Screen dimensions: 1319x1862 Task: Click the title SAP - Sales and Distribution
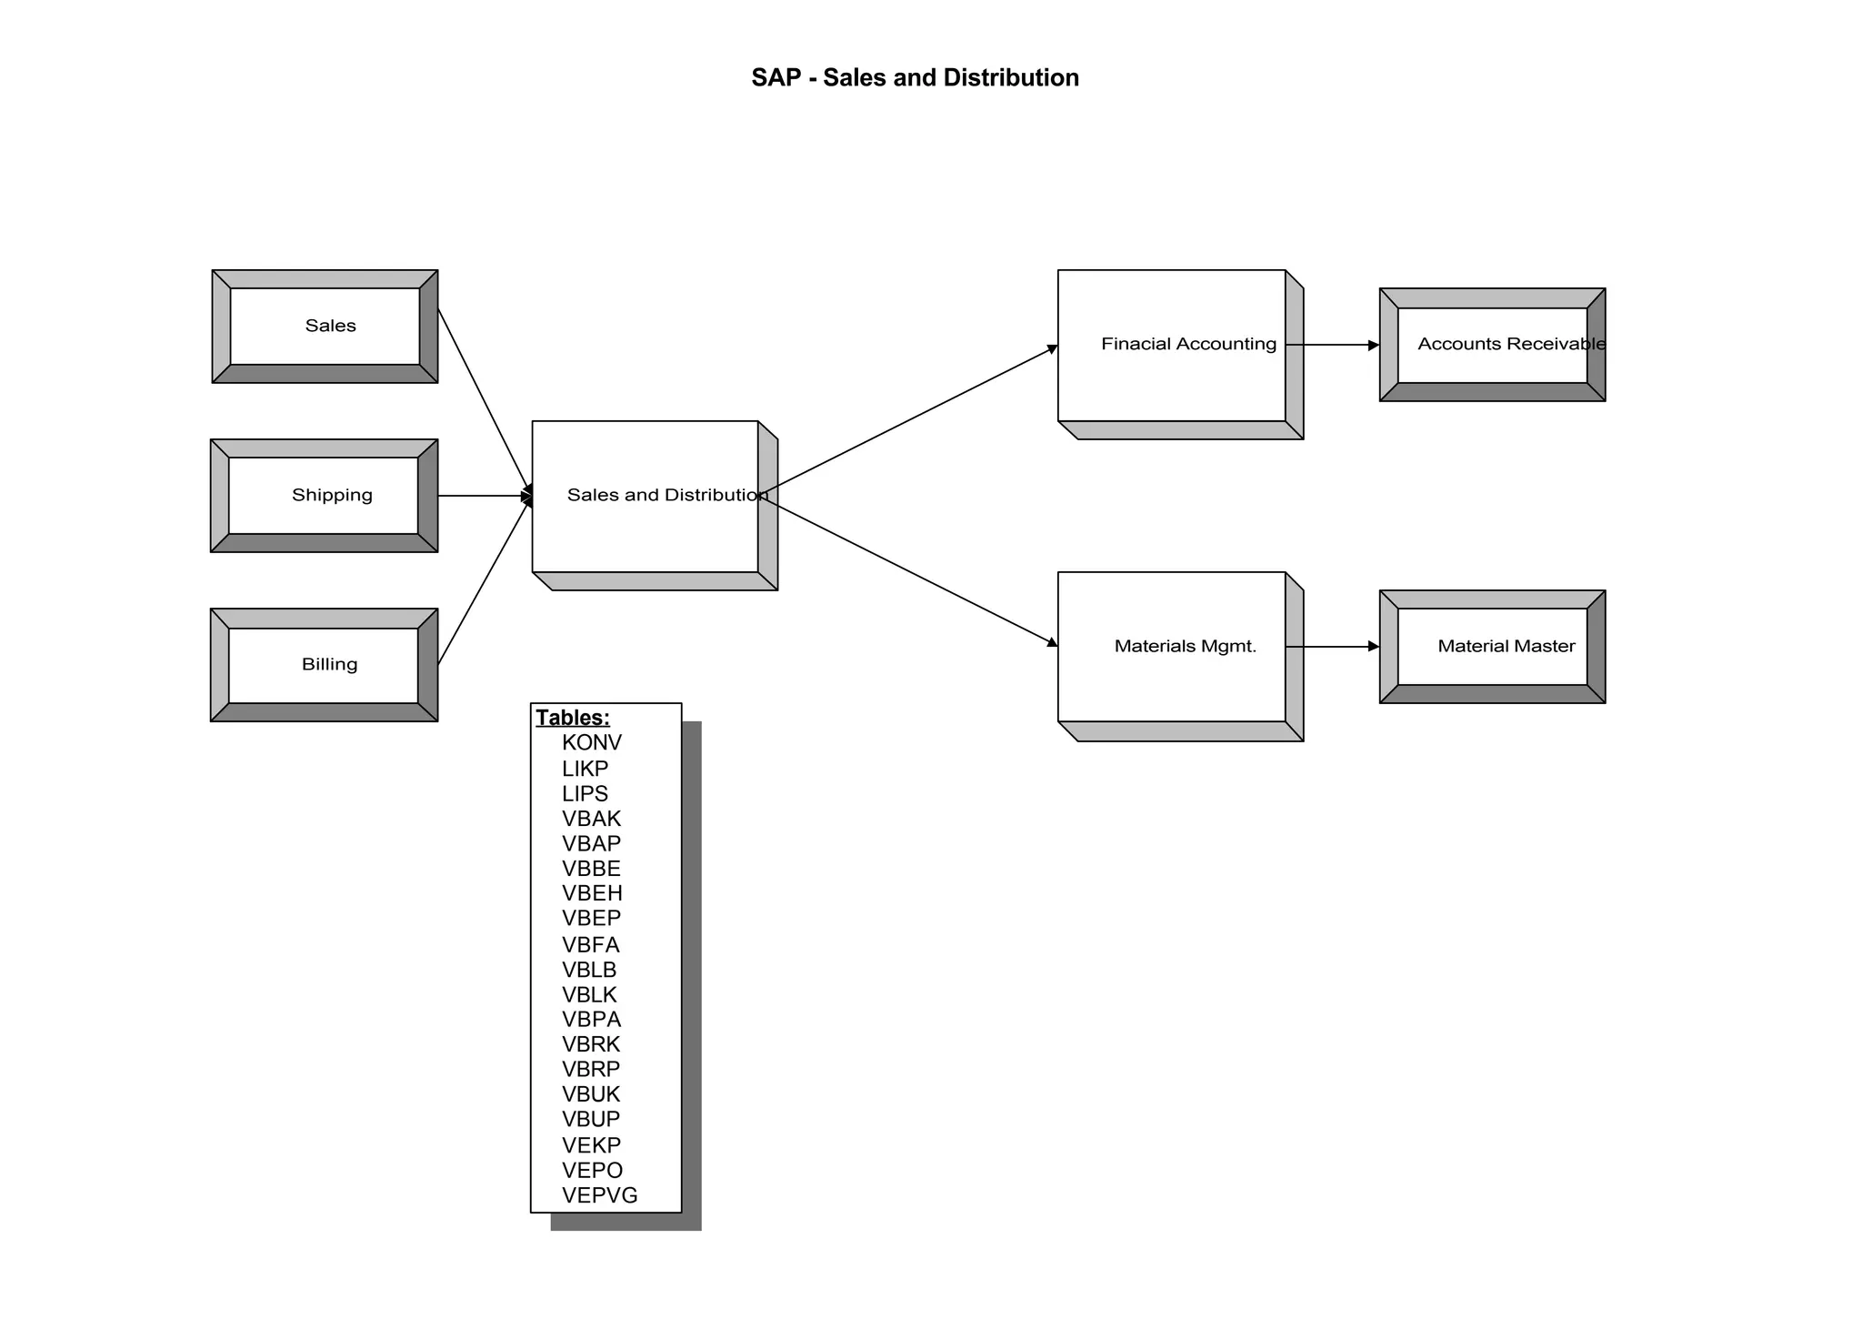(915, 78)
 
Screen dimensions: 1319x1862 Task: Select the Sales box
(325, 326)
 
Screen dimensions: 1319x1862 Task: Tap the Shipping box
(325, 495)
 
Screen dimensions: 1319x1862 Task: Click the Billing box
(325, 665)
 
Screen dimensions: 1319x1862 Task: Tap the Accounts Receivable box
(1492, 345)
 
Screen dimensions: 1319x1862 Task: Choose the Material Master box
(1492, 647)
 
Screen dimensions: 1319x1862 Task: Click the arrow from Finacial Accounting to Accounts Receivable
(1333, 345)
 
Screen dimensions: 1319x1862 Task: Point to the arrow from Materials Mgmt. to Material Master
(1333, 647)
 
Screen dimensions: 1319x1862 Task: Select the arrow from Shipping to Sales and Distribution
(482, 496)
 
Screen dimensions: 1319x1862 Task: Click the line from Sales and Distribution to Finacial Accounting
(909, 420)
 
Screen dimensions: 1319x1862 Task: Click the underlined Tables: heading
(573, 718)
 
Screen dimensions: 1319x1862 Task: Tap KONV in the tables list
(592, 743)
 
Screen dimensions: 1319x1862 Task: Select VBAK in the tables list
(591, 819)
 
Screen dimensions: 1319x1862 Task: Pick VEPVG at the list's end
(600, 1195)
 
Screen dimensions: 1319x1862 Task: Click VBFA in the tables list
(591, 945)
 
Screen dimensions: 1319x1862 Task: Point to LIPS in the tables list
(585, 794)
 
